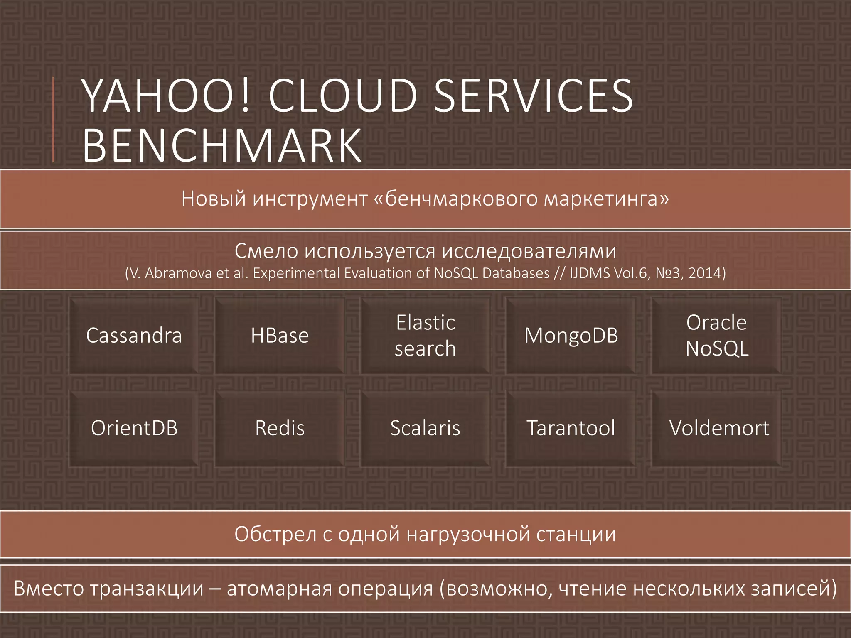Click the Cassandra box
(134, 335)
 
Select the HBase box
(280, 335)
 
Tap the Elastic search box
(425, 335)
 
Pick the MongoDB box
(571, 335)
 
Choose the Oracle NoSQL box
(716, 335)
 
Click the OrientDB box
(134, 428)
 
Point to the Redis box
(280, 428)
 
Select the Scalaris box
(425, 428)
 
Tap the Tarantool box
(571, 428)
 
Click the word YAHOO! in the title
(166, 96)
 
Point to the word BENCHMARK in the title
(222, 145)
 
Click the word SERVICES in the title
(533, 96)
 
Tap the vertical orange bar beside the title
(54, 120)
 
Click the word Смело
(266, 251)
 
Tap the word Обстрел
(275, 534)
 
